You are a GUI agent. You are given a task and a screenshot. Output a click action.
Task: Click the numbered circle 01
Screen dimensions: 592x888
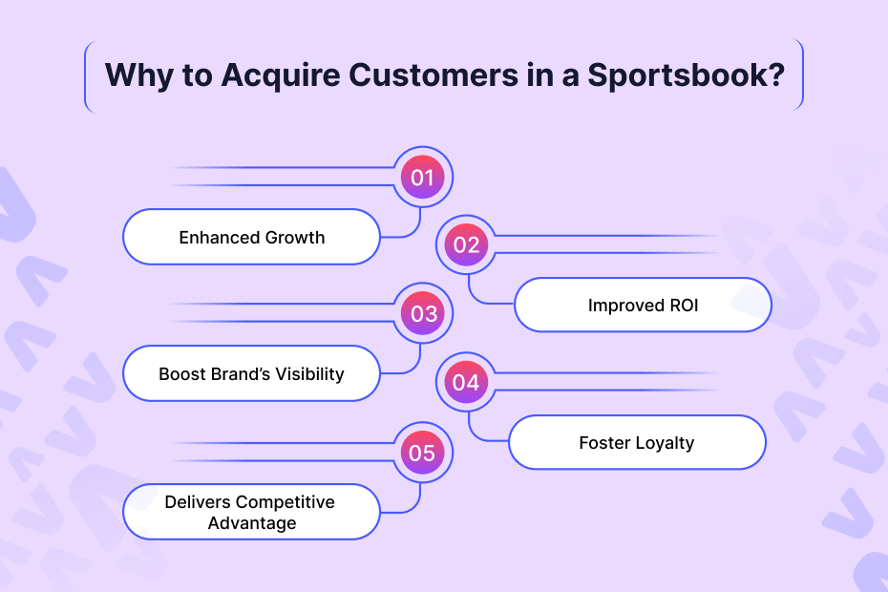click(x=422, y=177)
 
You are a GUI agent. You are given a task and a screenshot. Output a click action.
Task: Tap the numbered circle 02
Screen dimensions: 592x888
click(x=466, y=244)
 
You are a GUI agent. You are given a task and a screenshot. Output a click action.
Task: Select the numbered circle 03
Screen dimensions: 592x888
click(x=422, y=313)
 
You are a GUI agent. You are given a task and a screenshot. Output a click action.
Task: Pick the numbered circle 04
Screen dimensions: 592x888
click(x=466, y=382)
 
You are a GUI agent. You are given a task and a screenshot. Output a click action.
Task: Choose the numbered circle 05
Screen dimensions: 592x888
click(x=422, y=452)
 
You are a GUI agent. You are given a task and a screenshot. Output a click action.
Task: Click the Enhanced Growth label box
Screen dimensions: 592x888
click(x=252, y=237)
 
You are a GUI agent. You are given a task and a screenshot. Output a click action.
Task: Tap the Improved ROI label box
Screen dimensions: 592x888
click(x=643, y=306)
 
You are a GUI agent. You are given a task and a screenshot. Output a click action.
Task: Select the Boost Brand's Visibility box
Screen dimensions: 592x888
click(x=252, y=373)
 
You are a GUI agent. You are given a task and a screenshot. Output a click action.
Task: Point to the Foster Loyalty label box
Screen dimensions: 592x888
click(x=637, y=442)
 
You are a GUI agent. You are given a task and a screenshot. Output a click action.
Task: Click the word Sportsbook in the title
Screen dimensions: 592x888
click(x=688, y=75)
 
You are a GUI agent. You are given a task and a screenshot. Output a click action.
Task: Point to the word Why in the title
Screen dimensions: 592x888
click(x=134, y=75)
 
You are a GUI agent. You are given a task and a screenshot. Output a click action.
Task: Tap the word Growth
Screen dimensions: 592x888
click(x=294, y=237)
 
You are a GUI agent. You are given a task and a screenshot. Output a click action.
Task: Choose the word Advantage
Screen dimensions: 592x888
click(x=252, y=523)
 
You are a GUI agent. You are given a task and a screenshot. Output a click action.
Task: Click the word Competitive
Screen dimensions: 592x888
click(x=285, y=501)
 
